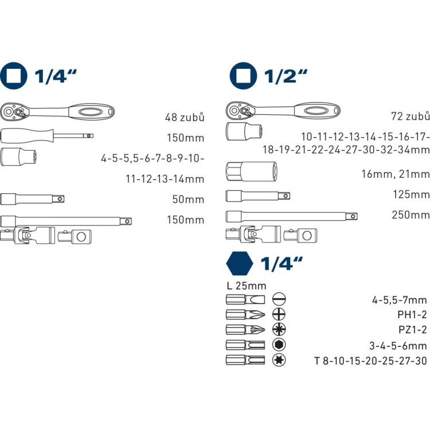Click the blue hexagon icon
point(240,263)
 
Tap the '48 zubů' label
point(185,117)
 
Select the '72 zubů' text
point(411,116)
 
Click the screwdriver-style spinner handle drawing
point(47,136)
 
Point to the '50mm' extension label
point(188,200)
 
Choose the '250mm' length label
point(411,215)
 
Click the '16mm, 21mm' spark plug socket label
point(396,174)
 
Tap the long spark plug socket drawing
point(252,171)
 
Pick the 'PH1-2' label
point(412,315)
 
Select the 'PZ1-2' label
point(413,329)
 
